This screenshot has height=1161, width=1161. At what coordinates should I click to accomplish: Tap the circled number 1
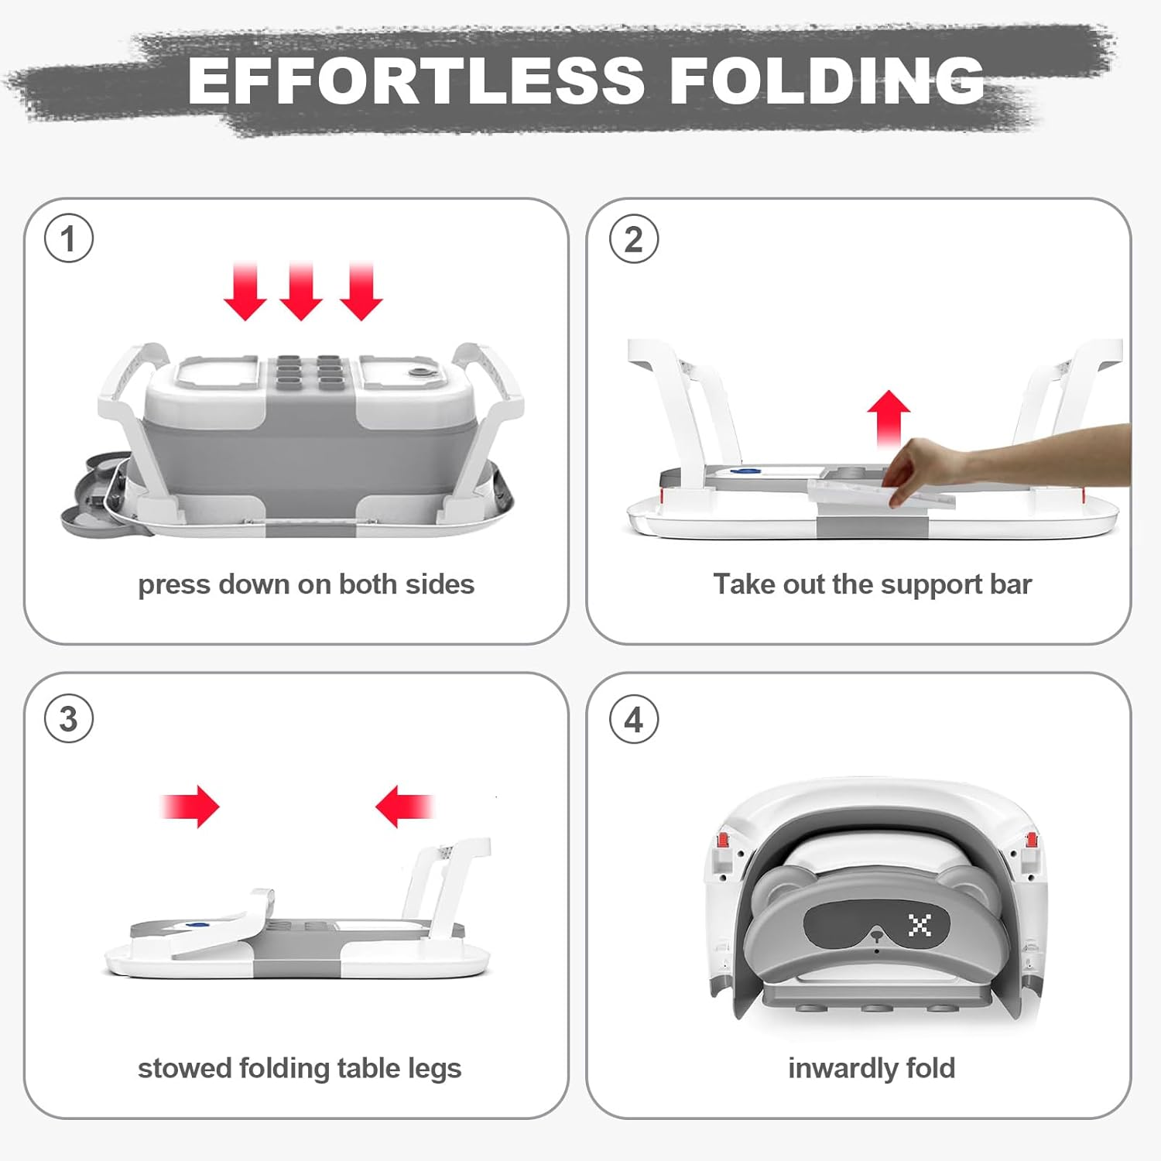click(69, 238)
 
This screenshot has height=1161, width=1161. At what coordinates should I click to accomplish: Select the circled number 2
click(634, 239)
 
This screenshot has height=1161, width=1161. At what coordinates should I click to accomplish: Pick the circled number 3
click(69, 719)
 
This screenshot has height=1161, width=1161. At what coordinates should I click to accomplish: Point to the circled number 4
click(634, 720)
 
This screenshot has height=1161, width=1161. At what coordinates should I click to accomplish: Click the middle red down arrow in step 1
click(301, 291)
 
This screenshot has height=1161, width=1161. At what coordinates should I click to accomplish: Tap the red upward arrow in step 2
click(889, 418)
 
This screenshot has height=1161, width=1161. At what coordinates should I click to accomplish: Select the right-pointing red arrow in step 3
click(190, 807)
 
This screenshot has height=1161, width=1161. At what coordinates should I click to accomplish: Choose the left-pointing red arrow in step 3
click(404, 807)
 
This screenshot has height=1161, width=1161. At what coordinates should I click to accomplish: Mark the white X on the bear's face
click(920, 924)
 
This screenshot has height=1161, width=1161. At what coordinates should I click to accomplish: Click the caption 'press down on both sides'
click(306, 584)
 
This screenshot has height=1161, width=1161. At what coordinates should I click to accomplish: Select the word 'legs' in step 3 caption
click(434, 1069)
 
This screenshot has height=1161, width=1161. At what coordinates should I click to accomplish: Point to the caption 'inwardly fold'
click(872, 1068)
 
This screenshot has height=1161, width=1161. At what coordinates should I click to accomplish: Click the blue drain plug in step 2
click(745, 470)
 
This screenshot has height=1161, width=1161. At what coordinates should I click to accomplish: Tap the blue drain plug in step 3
click(200, 923)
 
